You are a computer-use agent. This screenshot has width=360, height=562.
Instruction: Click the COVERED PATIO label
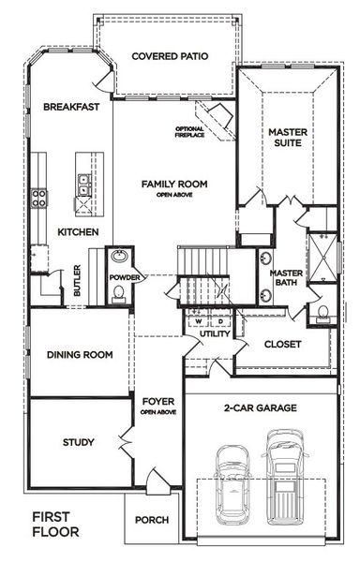[169, 56]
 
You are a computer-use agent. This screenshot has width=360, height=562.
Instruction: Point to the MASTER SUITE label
[282, 139]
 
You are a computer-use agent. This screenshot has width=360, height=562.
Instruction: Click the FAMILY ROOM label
[174, 185]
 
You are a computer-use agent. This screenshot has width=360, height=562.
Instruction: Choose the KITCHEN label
[79, 231]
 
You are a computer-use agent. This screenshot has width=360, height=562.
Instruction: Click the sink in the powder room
[121, 258]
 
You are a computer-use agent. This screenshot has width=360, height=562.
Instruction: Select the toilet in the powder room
[117, 295]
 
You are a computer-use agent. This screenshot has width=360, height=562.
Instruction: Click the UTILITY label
[215, 333]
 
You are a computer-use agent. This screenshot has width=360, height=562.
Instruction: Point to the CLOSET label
[283, 345]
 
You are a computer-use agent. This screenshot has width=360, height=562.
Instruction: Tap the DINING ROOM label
[80, 355]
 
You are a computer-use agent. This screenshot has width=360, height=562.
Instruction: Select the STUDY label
[78, 441]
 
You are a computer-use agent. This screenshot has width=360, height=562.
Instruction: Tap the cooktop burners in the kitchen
[39, 197]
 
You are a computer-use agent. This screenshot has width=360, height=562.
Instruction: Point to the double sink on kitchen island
[84, 183]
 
